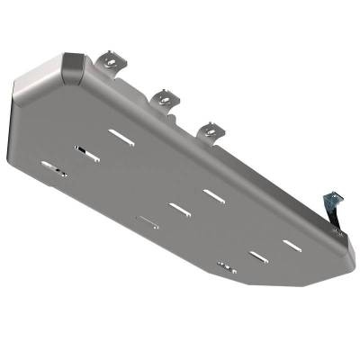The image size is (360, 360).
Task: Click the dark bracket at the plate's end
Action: (334, 205)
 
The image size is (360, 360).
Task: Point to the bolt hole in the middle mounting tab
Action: (166, 95)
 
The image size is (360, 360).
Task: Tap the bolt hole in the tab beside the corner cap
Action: (110, 61)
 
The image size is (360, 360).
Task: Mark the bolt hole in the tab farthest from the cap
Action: (212, 130)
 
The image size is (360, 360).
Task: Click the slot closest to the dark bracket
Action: (292, 244)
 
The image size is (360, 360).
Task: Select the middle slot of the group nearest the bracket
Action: (258, 257)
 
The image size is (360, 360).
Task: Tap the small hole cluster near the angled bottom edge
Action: (227, 266)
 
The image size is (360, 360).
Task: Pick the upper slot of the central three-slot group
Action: (213, 194)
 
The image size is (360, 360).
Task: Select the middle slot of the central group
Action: (179, 209)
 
